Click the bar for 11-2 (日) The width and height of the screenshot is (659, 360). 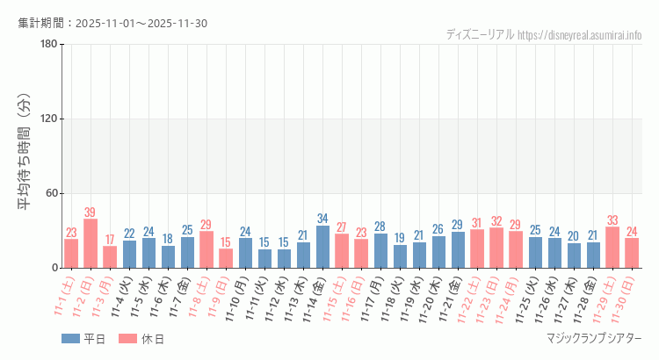[91, 243]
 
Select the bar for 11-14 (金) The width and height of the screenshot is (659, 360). [322, 247]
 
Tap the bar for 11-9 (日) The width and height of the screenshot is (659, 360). [226, 258]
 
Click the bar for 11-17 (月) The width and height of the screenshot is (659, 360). [380, 250]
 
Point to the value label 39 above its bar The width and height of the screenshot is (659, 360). [91, 212]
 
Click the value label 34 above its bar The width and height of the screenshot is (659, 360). [322, 219]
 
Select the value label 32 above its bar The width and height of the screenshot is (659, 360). [496, 221]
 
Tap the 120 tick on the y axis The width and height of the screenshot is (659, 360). [48, 119]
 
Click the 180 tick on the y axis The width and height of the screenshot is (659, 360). [48, 45]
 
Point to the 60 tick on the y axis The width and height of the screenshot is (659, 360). [51, 193]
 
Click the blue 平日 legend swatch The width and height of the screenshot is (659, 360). [71, 338]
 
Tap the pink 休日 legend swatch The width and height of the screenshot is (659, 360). [128, 338]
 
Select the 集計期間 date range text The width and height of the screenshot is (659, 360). [112, 23]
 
